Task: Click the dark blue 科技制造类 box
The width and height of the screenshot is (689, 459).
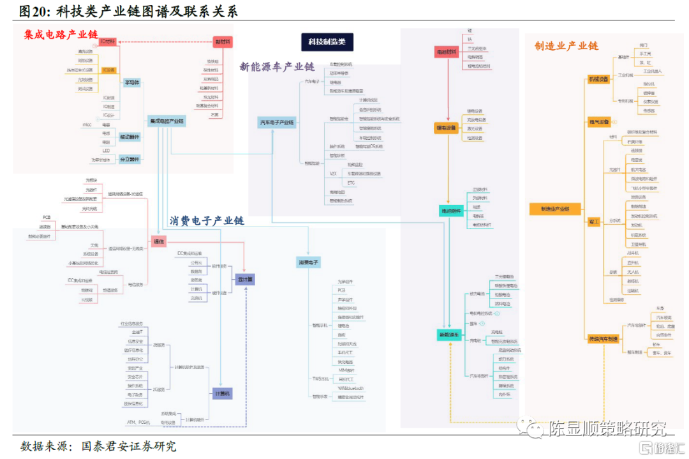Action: coord(327,41)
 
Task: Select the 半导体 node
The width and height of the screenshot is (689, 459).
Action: coord(131,82)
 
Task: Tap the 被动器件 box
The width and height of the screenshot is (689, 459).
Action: coord(130,137)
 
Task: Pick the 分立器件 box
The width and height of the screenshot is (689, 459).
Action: coord(130,159)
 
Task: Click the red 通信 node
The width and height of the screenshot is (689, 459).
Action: coord(158,241)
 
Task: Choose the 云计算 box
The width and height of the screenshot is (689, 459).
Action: coord(244,279)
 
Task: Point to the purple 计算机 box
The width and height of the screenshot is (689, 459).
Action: coord(222,394)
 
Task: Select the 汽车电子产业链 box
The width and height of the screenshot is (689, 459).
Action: coord(277,122)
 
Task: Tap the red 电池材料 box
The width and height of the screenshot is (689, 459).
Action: coord(445,51)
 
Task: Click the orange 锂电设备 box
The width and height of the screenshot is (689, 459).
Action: coord(446,128)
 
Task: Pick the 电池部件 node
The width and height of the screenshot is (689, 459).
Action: coord(450,211)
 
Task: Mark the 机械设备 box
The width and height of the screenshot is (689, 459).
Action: coord(599,79)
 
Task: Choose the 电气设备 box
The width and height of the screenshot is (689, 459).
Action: coord(599,121)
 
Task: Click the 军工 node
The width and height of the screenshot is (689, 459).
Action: coord(594,221)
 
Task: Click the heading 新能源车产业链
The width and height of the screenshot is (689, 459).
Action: coord(277,66)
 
